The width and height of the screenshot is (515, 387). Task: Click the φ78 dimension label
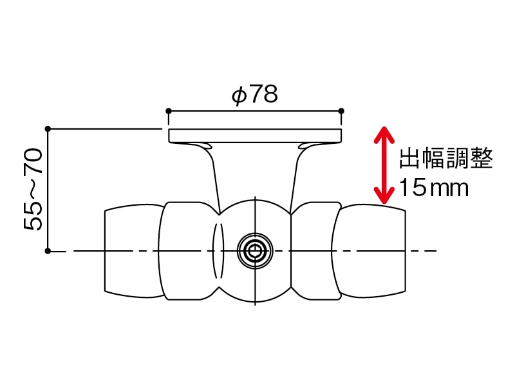tap(254, 95)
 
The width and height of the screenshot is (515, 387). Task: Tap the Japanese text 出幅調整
tap(446, 158)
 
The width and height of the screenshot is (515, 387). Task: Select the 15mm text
tap(433, 188)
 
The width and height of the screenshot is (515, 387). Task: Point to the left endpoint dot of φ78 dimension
tap(169, 111)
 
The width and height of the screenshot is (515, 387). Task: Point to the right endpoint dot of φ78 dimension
tap(341, 111)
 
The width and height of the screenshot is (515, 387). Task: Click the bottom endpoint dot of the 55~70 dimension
tap(48, 250)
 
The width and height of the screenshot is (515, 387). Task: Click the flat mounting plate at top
tap(255, 135)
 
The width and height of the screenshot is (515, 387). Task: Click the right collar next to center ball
tap(314, 251)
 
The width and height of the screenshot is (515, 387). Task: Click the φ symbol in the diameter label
tap(239, 95)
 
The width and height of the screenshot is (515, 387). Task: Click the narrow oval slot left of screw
tap(218, 251)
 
